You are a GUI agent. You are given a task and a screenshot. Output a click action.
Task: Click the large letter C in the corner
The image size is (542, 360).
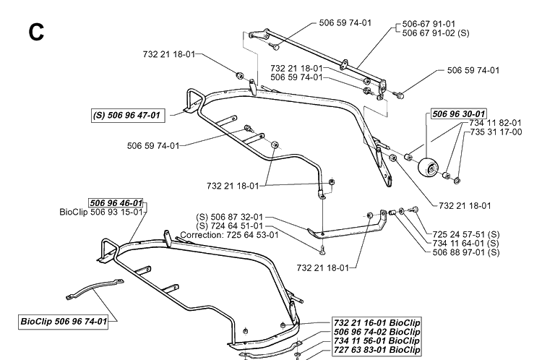[x=36, y=32]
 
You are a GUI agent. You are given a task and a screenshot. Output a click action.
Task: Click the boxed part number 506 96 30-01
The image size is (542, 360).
[x=459, y=113]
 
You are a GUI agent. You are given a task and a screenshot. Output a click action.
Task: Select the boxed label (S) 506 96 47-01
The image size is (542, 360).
[x=128, y=115]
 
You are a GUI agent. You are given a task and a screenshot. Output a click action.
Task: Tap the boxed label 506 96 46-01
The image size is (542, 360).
[x=116, y=202]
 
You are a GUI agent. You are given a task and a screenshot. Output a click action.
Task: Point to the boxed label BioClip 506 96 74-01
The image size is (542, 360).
[x=64, y=322]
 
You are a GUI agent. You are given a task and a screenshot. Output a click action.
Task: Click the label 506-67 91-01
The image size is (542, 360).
[x=429, y=24]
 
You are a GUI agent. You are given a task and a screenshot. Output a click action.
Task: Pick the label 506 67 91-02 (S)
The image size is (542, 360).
[x=436, y=33]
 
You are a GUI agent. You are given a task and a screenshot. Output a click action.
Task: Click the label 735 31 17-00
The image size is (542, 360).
[x=496, y=132]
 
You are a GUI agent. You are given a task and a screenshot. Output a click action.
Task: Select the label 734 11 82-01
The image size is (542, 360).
[x=495, y=123]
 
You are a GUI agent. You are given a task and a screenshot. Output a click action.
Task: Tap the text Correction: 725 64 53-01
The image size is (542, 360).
[x=229, y=235]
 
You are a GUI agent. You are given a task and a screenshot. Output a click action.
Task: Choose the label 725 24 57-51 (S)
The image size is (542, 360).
[x=466, y=234]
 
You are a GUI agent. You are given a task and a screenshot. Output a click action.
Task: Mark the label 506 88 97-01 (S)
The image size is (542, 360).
[x=466, y=252]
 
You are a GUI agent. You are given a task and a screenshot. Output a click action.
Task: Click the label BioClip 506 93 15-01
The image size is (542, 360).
[x=101, y=212]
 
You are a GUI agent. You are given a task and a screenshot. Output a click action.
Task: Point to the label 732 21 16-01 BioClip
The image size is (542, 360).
[x=377, y=323]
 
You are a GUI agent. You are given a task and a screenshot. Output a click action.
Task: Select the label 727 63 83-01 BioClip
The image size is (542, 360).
[x=377, y=350]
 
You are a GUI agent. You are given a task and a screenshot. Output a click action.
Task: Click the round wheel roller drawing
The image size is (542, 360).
[x=428, y=167]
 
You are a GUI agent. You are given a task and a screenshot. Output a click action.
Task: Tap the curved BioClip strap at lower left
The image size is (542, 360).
[x=95, y=288]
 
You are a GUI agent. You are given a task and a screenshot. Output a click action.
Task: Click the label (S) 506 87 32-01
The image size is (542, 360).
[x=230, y=217]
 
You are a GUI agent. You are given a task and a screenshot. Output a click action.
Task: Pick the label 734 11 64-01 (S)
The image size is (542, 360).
[x=466, y=244]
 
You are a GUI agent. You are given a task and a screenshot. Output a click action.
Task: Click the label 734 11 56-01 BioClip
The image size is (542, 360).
[x=377, y=341]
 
